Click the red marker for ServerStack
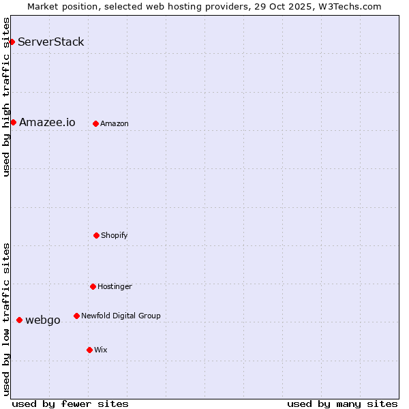point(12,42)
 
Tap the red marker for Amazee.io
point(13,123)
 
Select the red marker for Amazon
point(95,124)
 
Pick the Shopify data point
point(96,236)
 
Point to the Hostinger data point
point(93,287)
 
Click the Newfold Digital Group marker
point(76,316)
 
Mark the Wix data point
point(89,350)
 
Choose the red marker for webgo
point(19,320)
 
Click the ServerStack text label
point(51,42)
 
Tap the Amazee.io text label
point(47,123)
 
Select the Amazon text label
point(115,124)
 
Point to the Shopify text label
point(115,236)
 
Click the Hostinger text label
point(115,287)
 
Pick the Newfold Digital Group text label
point(121,316)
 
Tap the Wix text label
point(101,350)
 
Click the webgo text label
point(43,320)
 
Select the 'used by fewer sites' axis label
point(70,404)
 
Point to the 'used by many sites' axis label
point(342,404)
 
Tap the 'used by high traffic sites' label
point(6,97)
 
